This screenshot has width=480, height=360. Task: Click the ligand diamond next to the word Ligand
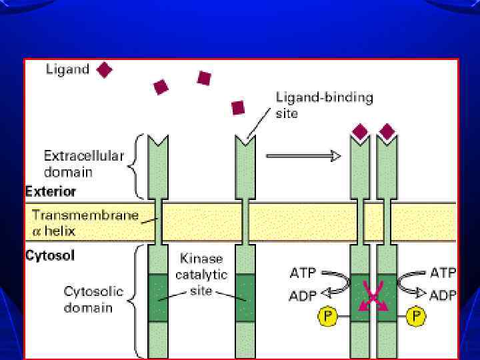click(105, 69)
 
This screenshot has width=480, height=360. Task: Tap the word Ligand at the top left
click(67, 69)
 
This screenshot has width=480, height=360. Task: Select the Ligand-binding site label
click(324, 105)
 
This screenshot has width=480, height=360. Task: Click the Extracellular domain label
click(84, 164)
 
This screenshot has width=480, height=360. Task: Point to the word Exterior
click(51, 191)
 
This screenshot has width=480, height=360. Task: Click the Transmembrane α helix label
click(85, 222)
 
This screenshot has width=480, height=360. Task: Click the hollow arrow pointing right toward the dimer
click(303, 155)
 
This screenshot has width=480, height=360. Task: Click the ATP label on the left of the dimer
click(303, 273)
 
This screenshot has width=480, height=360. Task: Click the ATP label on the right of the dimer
click(443, 273)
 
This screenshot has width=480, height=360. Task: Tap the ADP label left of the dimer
click(303, 295)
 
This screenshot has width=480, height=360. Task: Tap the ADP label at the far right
click(443, 295)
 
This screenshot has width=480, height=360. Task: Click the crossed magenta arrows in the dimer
click(373, 296)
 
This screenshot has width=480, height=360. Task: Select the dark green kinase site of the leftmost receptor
click(159, 297)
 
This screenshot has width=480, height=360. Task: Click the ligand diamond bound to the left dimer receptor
click(360, 131)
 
